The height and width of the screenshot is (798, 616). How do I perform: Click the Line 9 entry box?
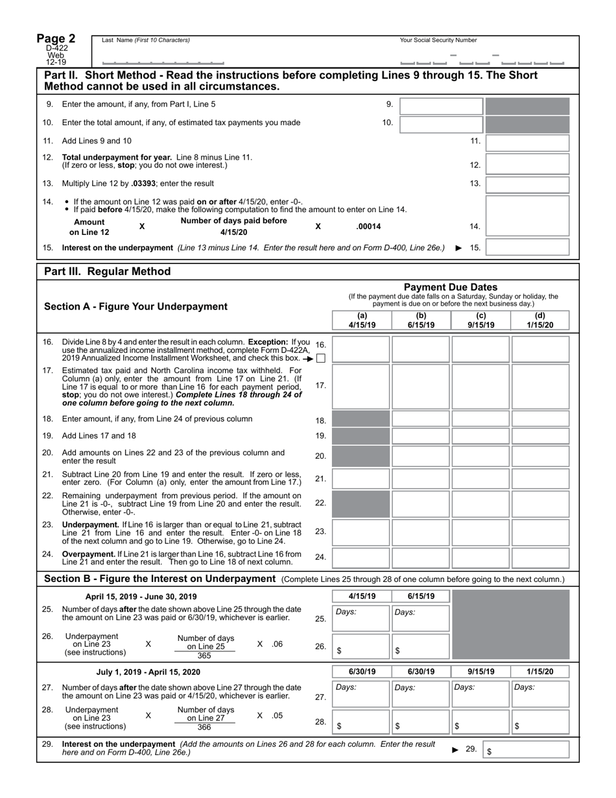441,106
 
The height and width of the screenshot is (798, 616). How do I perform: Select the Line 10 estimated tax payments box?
441,124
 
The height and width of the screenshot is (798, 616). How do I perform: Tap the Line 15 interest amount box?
527,247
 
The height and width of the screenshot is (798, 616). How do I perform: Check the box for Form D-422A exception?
321,358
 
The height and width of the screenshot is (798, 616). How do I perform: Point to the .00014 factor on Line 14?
368,226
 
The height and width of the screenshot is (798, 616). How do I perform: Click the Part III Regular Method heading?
107,271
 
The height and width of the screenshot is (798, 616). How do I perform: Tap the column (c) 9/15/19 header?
480,320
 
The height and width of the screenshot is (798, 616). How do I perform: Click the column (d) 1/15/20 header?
540,320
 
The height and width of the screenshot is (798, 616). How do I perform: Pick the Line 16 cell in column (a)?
361,349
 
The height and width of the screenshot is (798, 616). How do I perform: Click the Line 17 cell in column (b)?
421,385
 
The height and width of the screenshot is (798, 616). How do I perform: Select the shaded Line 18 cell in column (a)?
361,418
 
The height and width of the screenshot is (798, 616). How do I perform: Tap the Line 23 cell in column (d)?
540,531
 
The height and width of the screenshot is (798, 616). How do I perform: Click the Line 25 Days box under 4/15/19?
361,618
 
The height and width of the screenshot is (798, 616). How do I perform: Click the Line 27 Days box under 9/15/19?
480,693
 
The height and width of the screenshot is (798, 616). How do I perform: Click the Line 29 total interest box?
527,749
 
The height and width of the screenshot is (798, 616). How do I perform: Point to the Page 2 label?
56,39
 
